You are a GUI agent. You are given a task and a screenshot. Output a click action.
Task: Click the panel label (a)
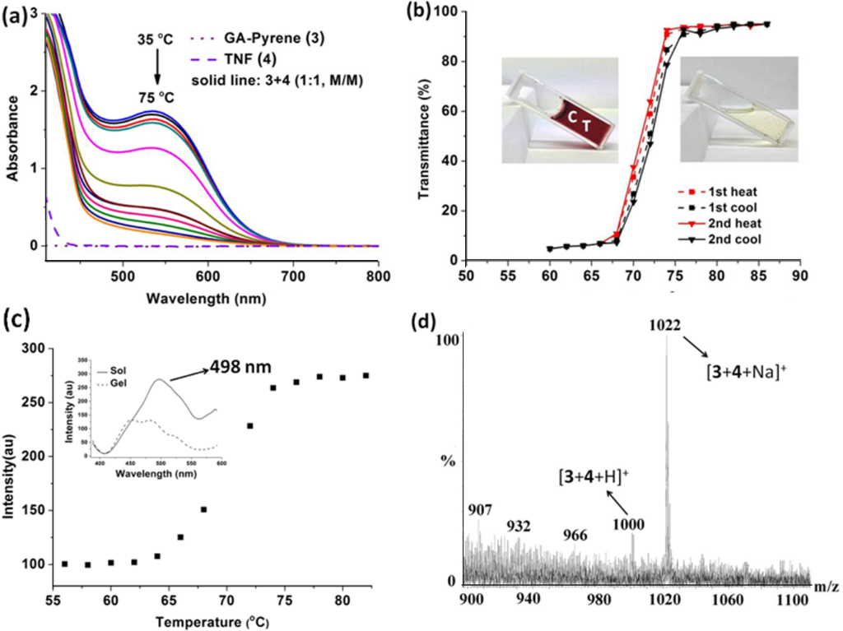click(14, 15)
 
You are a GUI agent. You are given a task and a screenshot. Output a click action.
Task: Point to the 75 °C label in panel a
click(152, 93)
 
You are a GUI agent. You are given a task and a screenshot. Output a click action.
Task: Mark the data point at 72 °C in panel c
click(249, 425)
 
